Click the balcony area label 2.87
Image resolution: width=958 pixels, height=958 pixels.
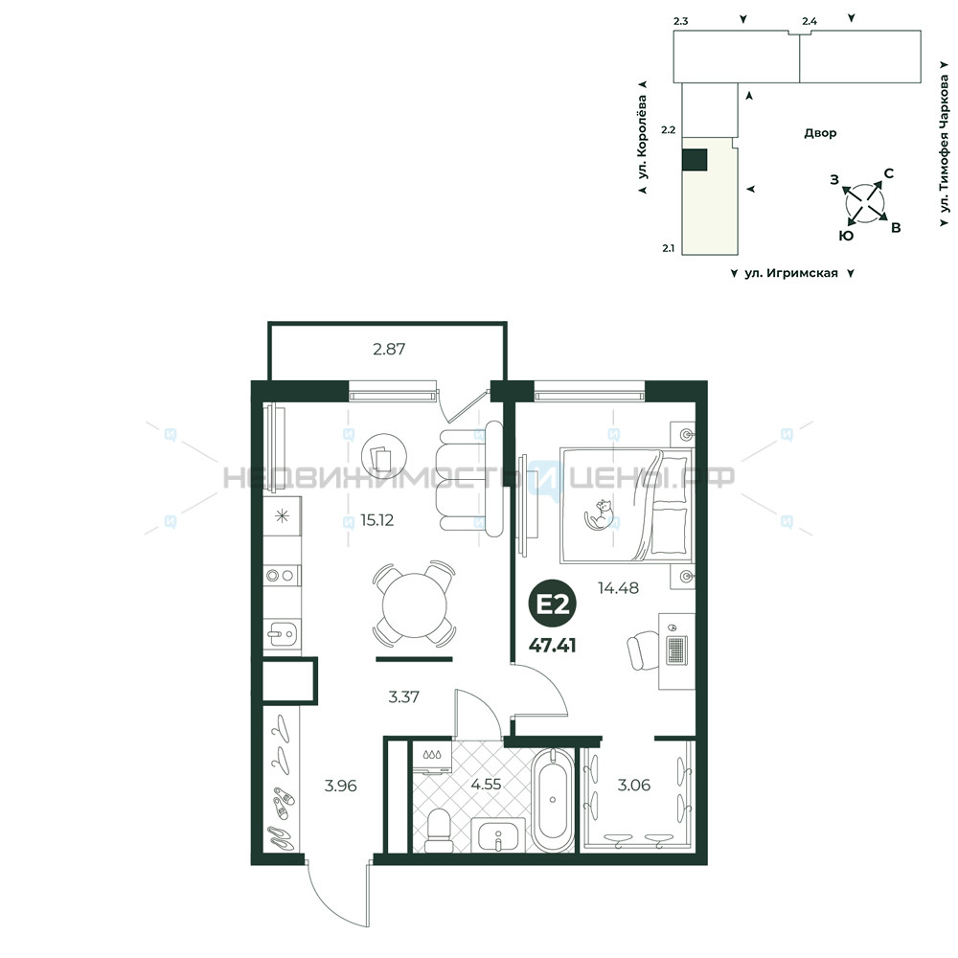[389, 349]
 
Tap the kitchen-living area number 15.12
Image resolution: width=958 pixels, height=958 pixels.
[376, 520]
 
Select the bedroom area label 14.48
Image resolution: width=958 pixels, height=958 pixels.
[618, 588]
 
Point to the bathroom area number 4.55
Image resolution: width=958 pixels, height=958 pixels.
[487, 784]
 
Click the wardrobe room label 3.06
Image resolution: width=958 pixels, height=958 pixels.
[634, 786]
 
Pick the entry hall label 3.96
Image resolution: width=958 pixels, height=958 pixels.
[340, 786]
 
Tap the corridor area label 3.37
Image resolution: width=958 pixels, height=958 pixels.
[404, 696]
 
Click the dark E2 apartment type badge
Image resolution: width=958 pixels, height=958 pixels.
[553, 604]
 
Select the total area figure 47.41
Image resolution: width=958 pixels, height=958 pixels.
[553, 645]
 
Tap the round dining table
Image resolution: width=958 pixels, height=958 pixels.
[415, 605]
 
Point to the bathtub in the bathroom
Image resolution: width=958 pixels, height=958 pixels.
[553, 799]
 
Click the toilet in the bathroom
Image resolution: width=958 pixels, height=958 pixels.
[438, 830]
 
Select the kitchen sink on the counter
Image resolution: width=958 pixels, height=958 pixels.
[283, 634]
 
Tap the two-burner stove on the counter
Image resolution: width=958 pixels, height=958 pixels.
[282, 576]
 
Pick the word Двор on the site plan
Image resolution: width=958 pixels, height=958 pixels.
[820, 133]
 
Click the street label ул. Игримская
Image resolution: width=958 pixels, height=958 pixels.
[791, 273]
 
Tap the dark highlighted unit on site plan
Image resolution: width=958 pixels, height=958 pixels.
[695, 160]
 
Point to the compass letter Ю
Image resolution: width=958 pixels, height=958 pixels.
[846, 236]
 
